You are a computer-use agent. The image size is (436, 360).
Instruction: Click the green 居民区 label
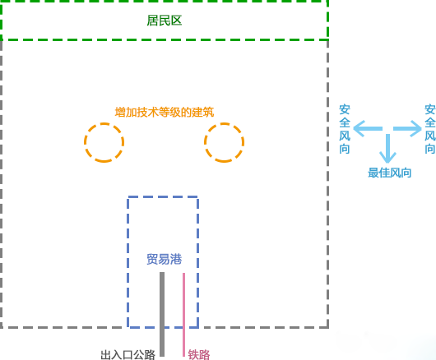pos(165,21)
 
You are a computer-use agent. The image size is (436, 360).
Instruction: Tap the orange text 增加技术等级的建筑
pos(165,113)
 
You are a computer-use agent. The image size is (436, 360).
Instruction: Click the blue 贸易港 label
pos(165,259)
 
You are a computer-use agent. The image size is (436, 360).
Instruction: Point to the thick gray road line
pos(162,314)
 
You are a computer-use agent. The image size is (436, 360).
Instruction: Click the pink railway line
pos(183,315)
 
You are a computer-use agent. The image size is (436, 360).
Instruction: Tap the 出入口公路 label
pos(128,355)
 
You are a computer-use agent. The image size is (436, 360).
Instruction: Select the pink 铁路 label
pos(199,355)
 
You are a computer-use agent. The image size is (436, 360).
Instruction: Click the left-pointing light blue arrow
pos(368,128)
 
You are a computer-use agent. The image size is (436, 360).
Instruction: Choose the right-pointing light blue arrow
pos(407,128)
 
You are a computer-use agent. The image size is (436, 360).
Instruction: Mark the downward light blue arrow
pos(387,149)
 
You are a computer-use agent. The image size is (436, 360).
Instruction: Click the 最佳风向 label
pos(390,173)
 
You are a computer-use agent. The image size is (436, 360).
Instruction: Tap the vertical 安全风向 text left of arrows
pos(345,129)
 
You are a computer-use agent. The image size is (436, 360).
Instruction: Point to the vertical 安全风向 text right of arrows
pos(430,129)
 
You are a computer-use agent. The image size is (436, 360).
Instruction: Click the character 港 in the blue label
pos(176,259)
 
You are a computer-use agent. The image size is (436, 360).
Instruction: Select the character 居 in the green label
pos(152,21)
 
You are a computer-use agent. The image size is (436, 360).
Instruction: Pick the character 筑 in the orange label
pos(208,113)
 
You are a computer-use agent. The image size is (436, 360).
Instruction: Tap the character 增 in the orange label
pos(120,113)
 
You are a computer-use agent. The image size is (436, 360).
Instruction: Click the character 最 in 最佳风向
pos(373,173)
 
